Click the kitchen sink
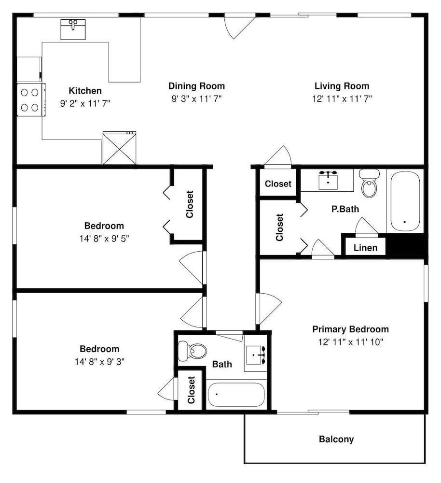pyautogui.click(x=73, y=29)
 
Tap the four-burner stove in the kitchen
pyautogui.click(x=31, y=100)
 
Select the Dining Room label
pyautogui.click(x=196, y=86)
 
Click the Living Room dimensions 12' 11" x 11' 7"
pyautogui.click(x=342, y=99)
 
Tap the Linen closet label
pyautogui.click(x=365, y=248)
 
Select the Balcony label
pyautogui.click(x=336, y=439)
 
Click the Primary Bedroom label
pyautogui.click(x=350, y=329)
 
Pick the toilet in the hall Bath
pyautogui.click(x=193, y=351)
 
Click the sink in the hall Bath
pyautogui.click(x=255, y=355)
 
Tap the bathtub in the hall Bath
pyautogui.click(x=236, y=395)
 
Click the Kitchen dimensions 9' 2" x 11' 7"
pyautogui.click(x=85, y=103)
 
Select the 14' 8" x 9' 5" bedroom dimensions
pyautogui.click(x=104, y=239)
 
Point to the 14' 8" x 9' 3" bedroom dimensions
pyautogui.click(x=99, y=362)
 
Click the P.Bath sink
pyautogui.click(x=328, y=181)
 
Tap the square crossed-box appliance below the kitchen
pyautogui.click(x=119, y=148)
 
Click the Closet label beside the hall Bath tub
pyautogui.click(x=191, y=390)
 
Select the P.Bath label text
pyautogui.click(x=345, y=209)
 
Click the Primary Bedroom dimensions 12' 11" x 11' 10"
pyautogui.click(x=350, y=342)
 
